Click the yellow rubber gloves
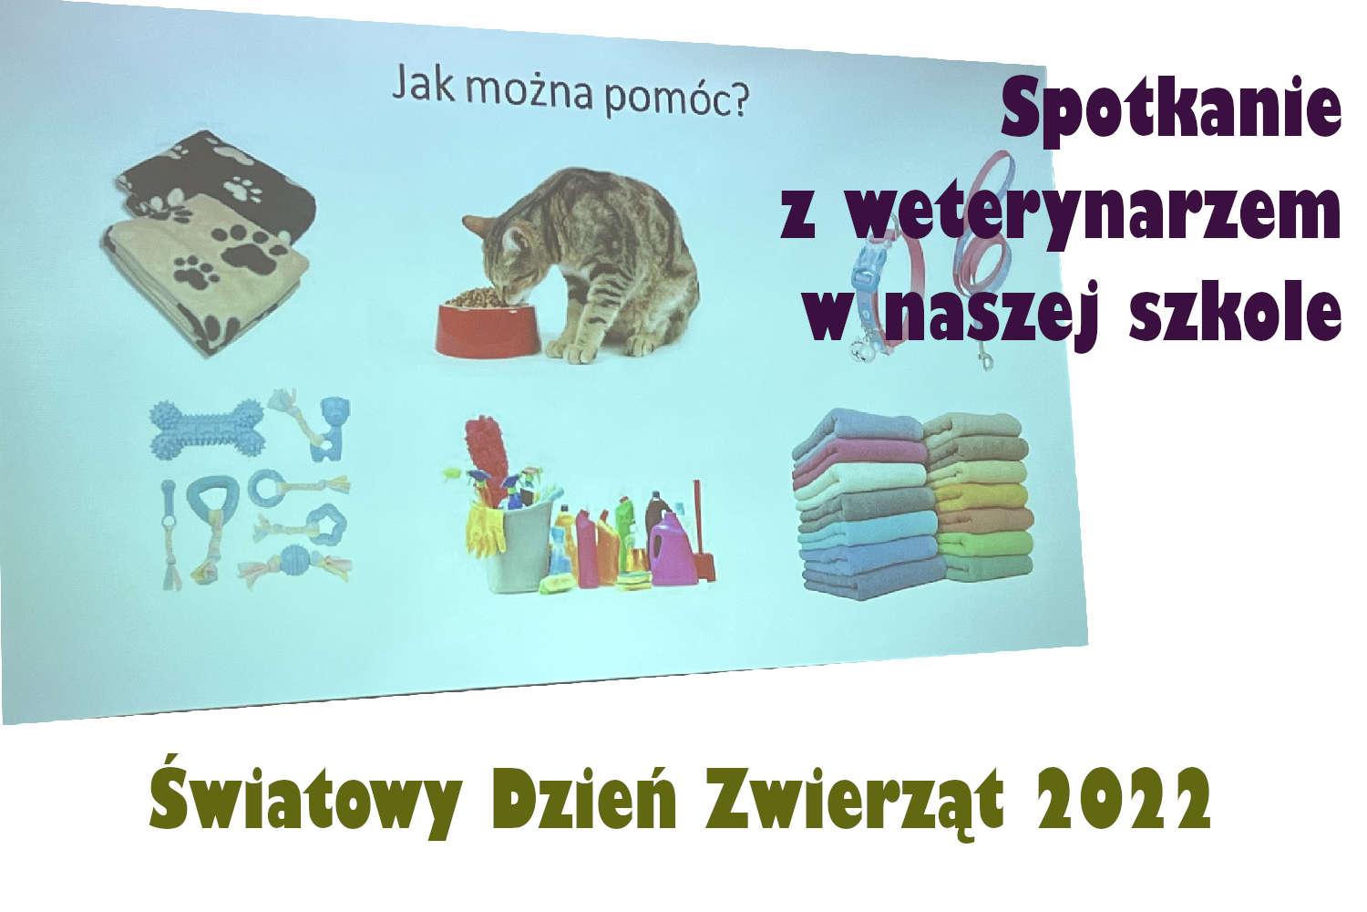(483, 531)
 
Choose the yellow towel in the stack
(984, 497)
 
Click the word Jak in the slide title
(423, 86)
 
